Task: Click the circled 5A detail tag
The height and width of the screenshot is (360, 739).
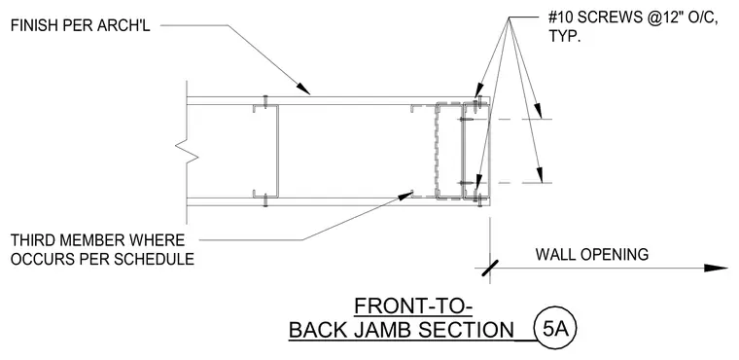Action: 555,329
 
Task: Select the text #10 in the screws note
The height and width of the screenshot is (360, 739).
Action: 560,18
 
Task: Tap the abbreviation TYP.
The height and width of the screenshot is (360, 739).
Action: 564,36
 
